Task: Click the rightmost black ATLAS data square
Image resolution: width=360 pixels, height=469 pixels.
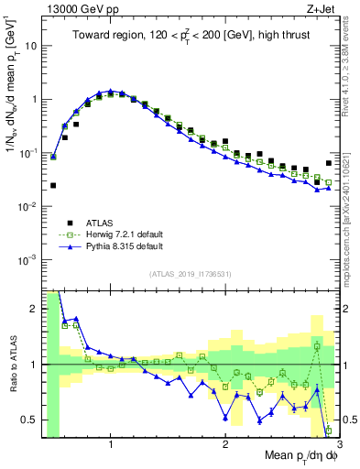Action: [328, 163]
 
